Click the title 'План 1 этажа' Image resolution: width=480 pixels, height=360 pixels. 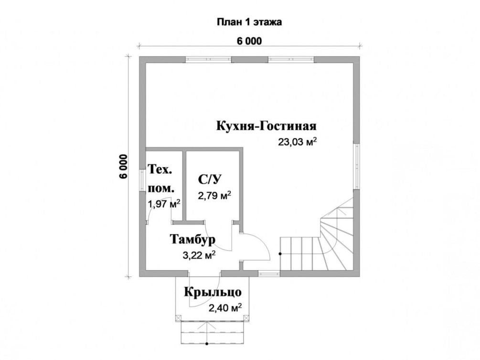click(249, 22)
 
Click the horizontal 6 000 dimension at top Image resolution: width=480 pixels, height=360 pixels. click(249, 41)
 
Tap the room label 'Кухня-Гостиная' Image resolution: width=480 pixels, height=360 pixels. click(267, 126)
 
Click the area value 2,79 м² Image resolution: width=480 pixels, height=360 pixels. click(214, 195)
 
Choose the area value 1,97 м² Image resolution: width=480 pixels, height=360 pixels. click(164, 204)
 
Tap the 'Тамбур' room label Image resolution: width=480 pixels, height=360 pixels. click(192, 239)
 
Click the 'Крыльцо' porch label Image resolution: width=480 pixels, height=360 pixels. click(213, 292)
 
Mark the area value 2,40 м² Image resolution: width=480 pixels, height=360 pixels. click(225, 308)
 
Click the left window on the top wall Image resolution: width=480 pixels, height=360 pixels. click(208, 59)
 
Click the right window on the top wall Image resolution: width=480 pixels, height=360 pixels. click(291, 59)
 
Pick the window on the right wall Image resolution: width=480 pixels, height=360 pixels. click(356, 166)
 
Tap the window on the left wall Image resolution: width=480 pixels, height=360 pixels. click(142, 181)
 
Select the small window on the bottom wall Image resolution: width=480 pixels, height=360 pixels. click(269, 274)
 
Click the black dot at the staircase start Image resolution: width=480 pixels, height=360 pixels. click(280, 254)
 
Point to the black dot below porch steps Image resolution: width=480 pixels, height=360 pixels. click(207, 343)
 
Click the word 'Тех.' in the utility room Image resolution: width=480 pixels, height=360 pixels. click(160, 169)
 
